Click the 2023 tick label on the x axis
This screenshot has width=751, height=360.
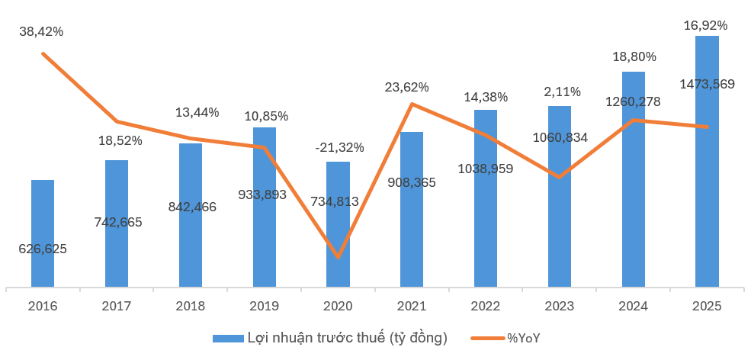click(x=560, y=307)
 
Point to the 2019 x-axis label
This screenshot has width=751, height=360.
click(x=265, y=307)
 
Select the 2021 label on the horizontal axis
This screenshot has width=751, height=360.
click(x=412, y=307)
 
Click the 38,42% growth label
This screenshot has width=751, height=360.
click(x=42, y=32)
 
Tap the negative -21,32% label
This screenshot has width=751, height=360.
click(x=339, y=147)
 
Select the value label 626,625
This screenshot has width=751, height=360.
click(x=43, y=249)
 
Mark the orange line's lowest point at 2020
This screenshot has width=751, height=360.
click(x=338, y=257)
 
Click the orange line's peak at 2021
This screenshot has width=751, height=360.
click(x=412, y=104)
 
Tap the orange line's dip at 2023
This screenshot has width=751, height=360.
click(x=560, y=177)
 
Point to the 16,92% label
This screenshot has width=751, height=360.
click(x=706, y=25)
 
